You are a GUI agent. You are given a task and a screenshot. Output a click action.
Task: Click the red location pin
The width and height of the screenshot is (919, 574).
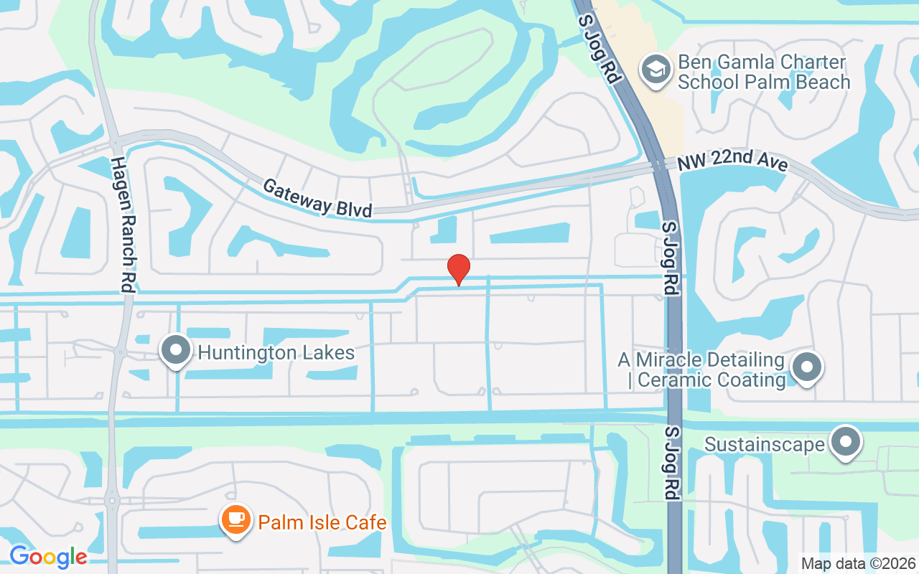click(458, 269)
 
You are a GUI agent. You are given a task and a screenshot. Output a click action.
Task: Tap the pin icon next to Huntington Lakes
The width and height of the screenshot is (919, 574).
click(176, 350)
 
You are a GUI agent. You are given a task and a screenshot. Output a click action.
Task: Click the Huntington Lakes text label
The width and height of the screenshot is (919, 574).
click(276, 353)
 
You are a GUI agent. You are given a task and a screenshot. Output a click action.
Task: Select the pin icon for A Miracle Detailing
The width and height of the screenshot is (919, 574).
click(807, 367)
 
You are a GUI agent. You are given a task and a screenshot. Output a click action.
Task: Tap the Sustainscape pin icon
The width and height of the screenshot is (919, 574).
click(846, 441)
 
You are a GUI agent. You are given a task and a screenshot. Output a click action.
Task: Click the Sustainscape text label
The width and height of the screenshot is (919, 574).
click(764, 444)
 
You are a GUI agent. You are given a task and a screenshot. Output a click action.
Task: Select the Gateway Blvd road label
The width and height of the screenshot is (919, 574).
click(317, 197)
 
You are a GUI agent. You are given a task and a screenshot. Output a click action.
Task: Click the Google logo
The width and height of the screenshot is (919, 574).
click(48, 556)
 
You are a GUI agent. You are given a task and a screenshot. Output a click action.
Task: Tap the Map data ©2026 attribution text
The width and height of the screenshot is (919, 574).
click(858, 563)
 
